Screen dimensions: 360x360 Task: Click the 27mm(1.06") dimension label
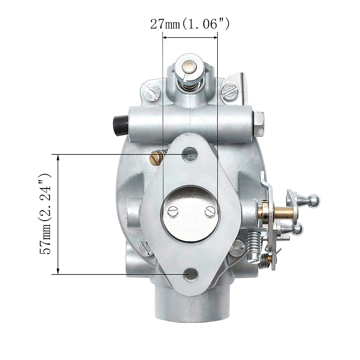pos(190,24)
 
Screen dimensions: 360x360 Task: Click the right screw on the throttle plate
pos(210,212)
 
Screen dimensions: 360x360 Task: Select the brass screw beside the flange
pos(157,157)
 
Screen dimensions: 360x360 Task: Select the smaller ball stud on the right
pos(297,229)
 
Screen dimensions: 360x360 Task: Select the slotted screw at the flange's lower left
pos(145,248)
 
